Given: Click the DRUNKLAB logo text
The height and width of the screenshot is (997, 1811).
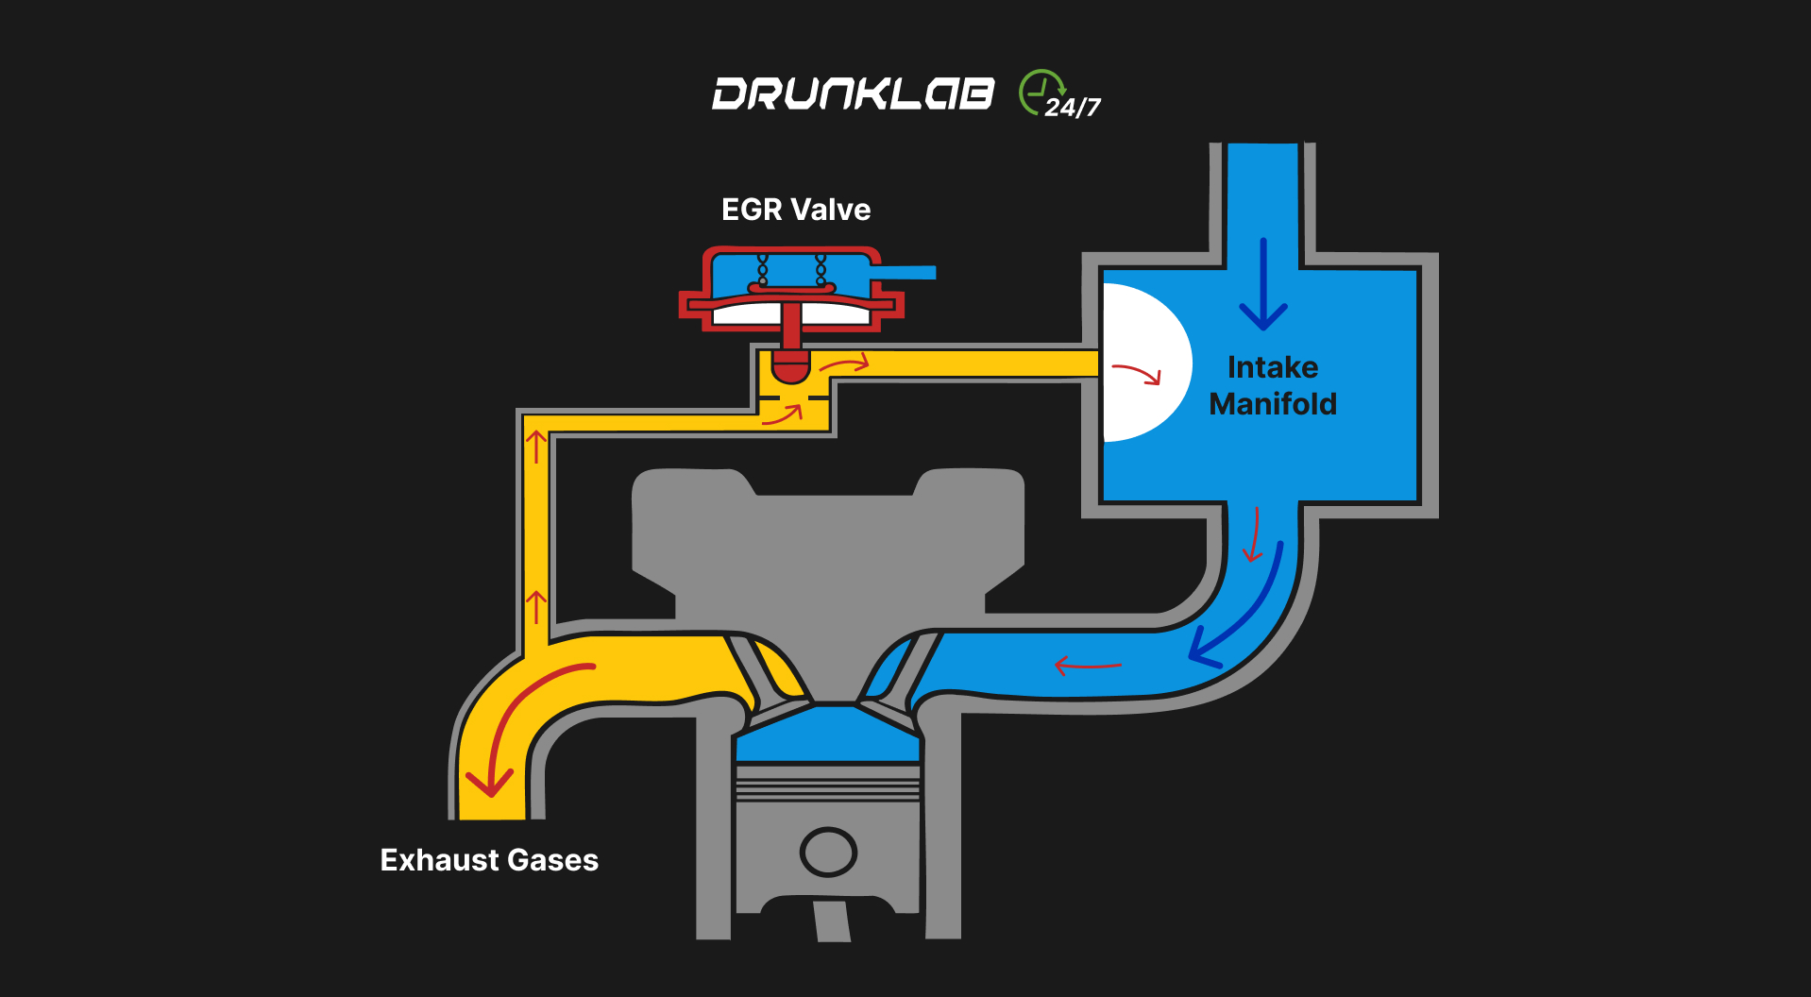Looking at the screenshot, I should tap(853, 93).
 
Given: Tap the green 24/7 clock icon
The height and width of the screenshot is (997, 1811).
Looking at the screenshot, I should tap(1041, 93).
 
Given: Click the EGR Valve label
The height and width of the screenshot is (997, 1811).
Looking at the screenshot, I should tap(796, 210).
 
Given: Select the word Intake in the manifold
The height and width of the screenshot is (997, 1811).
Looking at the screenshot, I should tap(1272, 367).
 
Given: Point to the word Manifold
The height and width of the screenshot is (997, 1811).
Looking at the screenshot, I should tap(1273, 404).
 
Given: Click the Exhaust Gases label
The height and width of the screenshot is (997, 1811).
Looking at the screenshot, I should tap(489, 860).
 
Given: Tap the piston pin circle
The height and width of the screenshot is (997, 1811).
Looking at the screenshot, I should tap(828, 852).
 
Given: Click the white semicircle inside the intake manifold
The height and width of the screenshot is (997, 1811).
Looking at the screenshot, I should tap(1142, 363).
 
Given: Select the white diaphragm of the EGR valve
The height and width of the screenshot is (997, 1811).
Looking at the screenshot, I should tap(791, 313).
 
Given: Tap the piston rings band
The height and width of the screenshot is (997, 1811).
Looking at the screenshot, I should tap(828, 784).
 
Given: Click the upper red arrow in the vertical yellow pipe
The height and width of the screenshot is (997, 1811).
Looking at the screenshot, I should tap(536, 446).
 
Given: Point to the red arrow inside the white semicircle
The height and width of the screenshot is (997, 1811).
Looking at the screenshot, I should tap(1137, 374).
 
